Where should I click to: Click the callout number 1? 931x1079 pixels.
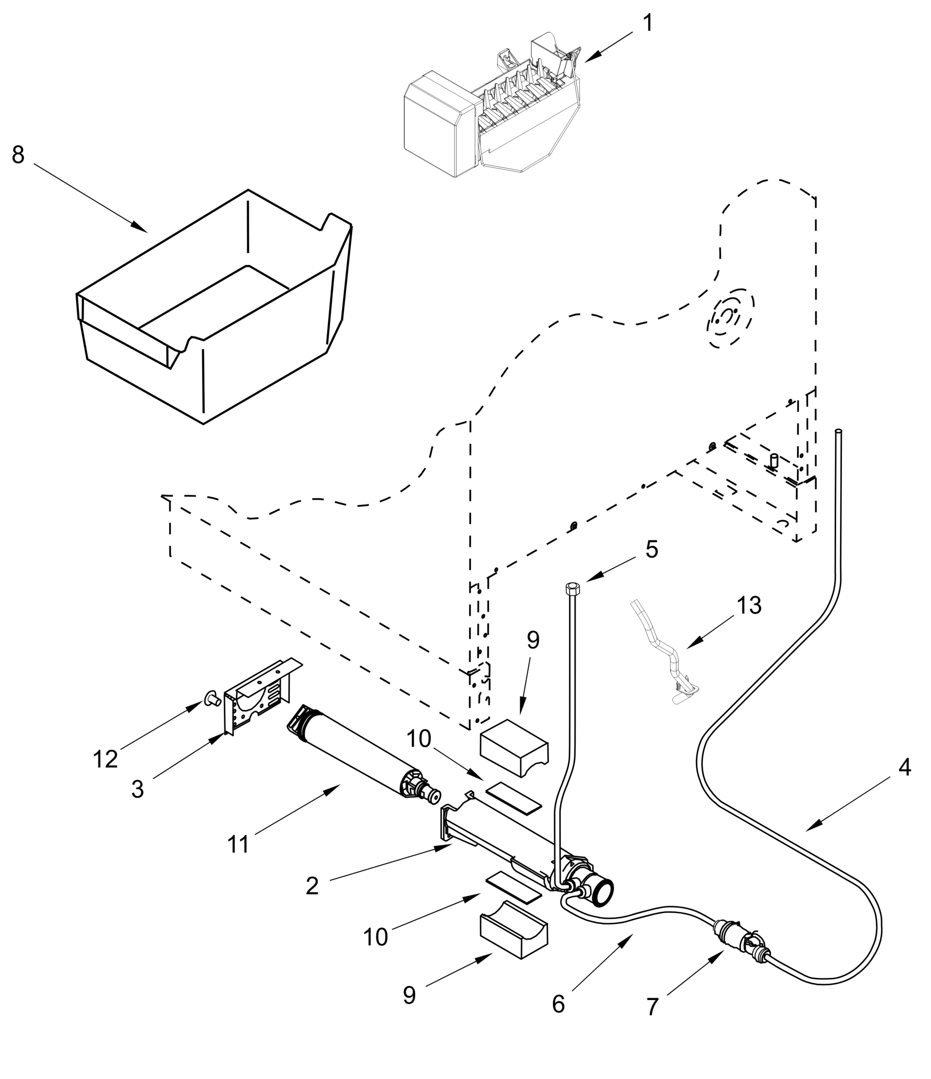click(x=648, y=23)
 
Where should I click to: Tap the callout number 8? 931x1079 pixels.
click(x=18, y=155)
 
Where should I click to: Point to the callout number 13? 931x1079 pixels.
click(x=749, y=606)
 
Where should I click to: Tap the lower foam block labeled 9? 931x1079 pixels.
click(x=513, y=935)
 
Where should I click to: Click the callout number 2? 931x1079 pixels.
click(x=312, y=885)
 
